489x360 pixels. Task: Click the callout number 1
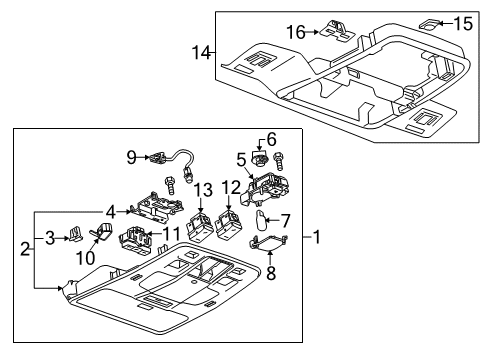click(317, 237)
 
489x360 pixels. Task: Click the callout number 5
click(241, 157)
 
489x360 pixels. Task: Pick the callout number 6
click(269, 138)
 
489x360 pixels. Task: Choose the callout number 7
click(283, 220)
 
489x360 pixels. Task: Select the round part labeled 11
click(133, 240)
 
